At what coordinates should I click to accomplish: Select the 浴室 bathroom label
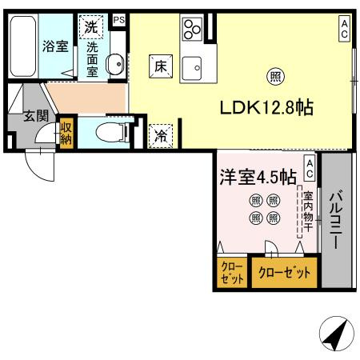tap(55, 46)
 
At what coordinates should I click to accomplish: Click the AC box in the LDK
tap(344, 30)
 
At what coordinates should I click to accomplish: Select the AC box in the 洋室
tap(309, 169)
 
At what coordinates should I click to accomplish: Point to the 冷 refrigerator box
tap(161, 136)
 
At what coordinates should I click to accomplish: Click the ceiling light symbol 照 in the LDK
tap(274, 78)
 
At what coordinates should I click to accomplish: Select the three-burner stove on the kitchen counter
tap(192, 30)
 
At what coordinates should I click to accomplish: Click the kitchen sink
tap(192, 70)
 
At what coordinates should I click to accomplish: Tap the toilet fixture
tap(106, 133)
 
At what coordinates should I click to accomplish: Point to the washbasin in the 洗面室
tap(114, 62)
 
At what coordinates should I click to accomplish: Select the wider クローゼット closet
tap(284, 272)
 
